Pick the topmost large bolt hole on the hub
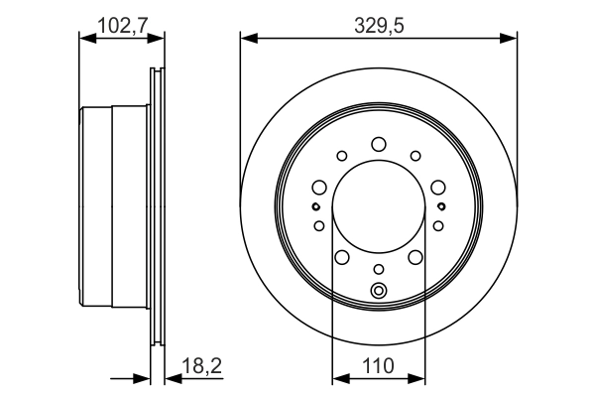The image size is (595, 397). [x=378, y=145]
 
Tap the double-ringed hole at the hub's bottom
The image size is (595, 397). [x=378, y=291]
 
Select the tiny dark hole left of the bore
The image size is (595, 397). [x=315, y=206]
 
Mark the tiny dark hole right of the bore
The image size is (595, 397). [x=440, y=206]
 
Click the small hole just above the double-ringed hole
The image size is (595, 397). [x=378, y=269]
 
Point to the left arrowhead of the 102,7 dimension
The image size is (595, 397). [x=85, y=39]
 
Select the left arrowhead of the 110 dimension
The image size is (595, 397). [x=338, y=378]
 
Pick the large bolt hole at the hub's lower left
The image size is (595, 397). [x=341, y=258]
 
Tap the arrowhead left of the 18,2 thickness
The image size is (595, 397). [x=143, y=378]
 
